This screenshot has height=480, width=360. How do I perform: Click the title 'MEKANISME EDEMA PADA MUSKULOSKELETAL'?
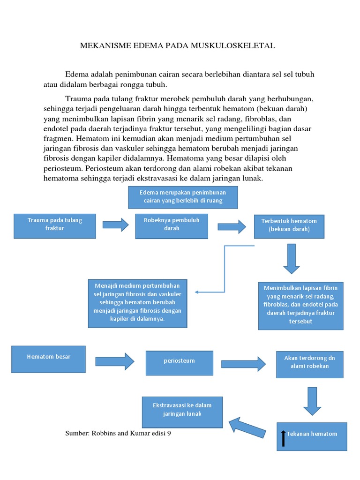178,45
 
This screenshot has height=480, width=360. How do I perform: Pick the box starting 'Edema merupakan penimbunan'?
183,197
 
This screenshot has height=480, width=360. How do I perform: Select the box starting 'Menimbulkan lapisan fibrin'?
300,306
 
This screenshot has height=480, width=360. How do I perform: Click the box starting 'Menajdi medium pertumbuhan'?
137,303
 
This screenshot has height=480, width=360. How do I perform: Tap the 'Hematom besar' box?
49,359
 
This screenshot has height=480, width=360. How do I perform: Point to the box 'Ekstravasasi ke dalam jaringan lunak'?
182,412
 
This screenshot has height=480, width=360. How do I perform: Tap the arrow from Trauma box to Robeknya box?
115,225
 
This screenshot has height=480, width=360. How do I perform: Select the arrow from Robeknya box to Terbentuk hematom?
232,227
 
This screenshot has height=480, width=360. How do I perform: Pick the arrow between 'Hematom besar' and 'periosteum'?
115,361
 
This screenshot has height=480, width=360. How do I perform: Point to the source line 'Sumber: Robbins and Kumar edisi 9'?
118,434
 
